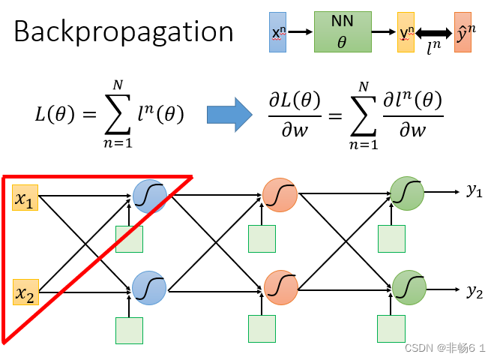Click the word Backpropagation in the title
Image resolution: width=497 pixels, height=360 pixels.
point(124,32)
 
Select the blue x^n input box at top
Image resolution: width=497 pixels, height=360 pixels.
point(278,32)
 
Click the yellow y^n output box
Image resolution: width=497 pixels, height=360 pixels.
point(406,32)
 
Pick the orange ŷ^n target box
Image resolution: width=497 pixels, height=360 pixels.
point(463,32)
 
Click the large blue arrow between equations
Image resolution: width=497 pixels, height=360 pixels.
point(229,115)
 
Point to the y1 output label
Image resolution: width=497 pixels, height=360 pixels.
point(475,191)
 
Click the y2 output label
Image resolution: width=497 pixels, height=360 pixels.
point(475,291)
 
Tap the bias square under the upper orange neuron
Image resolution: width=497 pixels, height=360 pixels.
point(262,238)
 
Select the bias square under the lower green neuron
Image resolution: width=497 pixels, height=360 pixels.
point(391,328)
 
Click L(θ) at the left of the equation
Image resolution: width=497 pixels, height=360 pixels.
point(54,114)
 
